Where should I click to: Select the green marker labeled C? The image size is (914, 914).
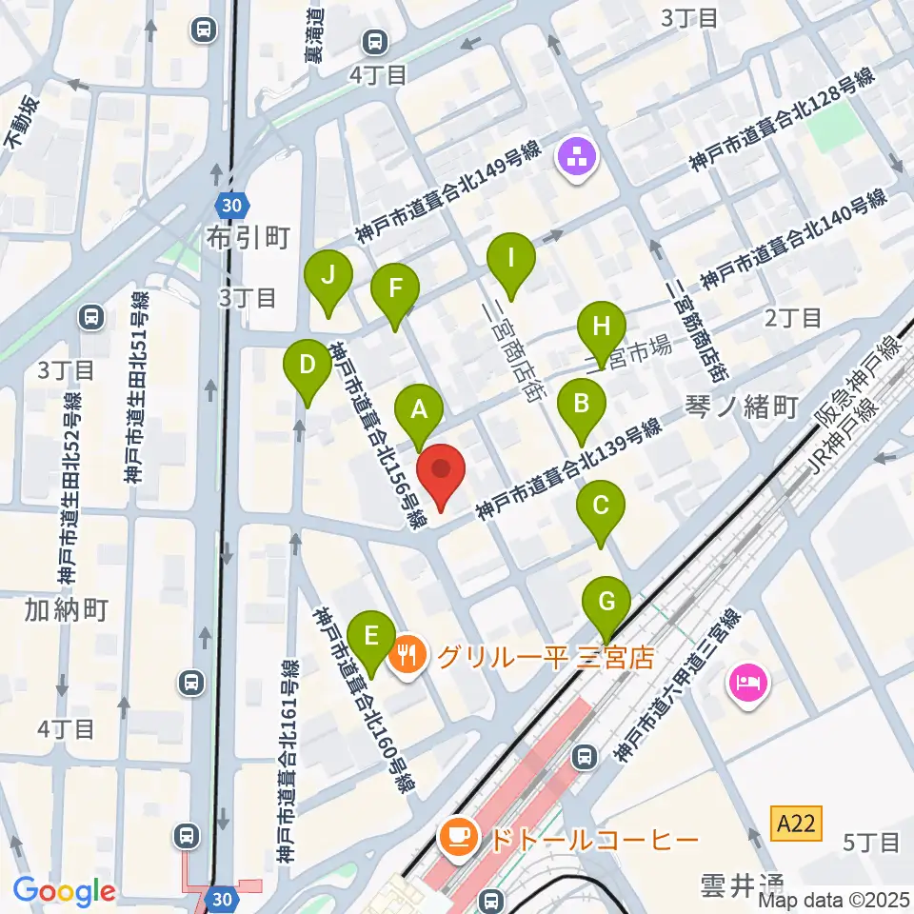click(x=601, y=506)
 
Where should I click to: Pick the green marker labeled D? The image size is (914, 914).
click(x=308, y=365)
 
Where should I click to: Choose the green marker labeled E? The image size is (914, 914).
click(x=371, y=635)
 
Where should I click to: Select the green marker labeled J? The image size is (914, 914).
click(x=328, y=276)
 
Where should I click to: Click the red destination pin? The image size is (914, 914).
click(x=441, y=471)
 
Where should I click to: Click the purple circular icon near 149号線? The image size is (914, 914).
click(x=578, y=156)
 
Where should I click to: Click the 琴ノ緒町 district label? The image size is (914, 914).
click(x=741, y=408)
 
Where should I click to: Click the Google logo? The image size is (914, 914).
click(x=64, y=891)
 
